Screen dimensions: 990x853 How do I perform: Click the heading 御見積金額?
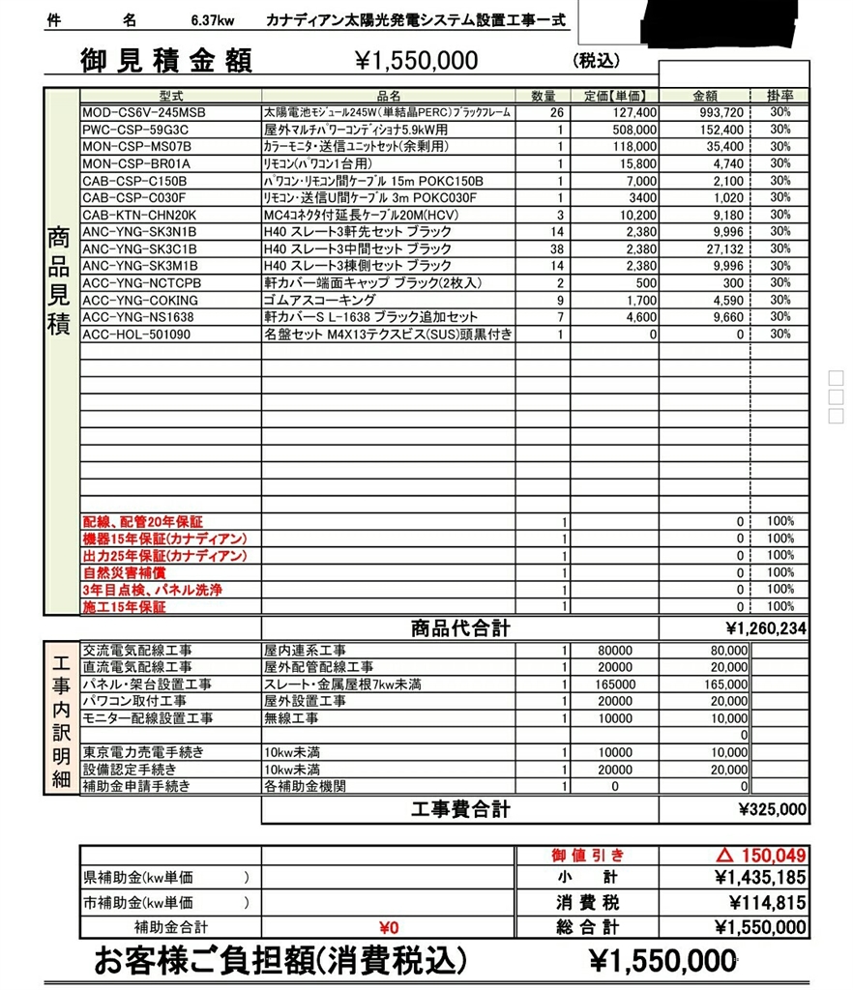click(x=165, y=61)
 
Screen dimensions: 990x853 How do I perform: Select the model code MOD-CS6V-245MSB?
click(x=144, y=113)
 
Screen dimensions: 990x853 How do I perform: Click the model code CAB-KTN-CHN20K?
click(x=139, y=215)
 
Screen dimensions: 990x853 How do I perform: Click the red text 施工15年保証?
click(x=124, y=606)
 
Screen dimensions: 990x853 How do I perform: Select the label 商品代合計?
click(x=460, y=628)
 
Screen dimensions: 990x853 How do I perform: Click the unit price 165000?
click(x=615, y=684)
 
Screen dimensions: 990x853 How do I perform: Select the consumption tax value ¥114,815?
click(x=759, y=902)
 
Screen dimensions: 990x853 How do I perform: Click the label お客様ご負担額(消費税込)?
click(x=280, y=961)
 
